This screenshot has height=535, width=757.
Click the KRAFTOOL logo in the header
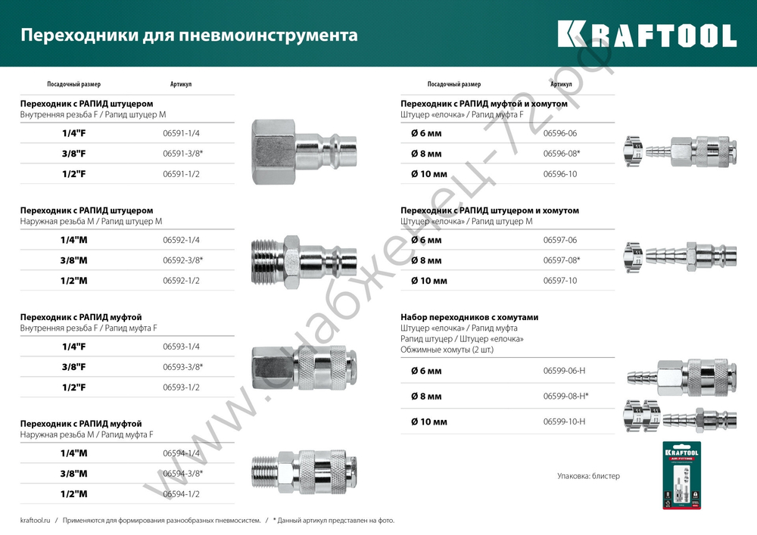click(x=647, y=35)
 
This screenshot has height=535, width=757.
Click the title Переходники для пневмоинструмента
click(x=188, y=36)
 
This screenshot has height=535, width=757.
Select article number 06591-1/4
click(x=181, y=133)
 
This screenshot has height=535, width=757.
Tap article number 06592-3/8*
click(x=183, y=260)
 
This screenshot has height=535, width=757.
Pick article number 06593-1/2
click(x=181, y=387)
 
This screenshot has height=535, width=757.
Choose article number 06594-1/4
click(x=181, y=453)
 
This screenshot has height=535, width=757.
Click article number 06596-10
click(x=560, y=174)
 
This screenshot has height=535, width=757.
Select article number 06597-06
click(x=560, y=240)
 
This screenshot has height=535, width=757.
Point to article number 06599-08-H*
click(x=566, y=396)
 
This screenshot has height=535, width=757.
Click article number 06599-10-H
click(x=565, y=421)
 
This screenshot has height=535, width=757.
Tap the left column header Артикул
click(x=181, y=84)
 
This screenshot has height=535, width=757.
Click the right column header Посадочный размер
click(x=454, y=84)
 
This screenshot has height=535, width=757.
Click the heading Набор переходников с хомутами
click(x=469, y=317)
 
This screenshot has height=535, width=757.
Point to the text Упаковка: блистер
click(x=588, y=476)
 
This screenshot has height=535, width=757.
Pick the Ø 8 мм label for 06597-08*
click(x=426, y=260)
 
